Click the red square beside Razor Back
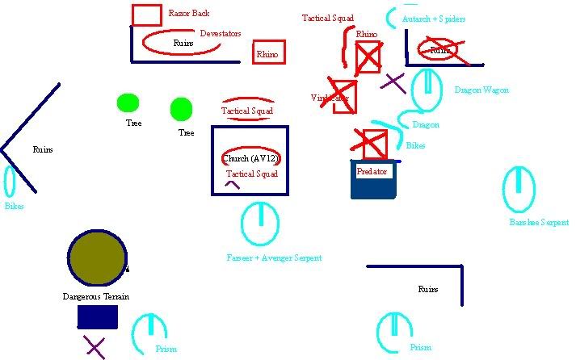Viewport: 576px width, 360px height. (x=146, y=15)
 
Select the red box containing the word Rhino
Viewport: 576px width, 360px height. (x=268, y=52)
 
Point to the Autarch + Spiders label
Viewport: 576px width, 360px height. (x=434, y=18)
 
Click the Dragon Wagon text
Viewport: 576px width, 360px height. (x=481, y=90)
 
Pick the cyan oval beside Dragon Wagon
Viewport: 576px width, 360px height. (x=427, y=90)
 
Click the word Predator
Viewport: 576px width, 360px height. (x=372, y=172)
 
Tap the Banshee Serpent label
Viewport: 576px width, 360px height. (x=539, y=222)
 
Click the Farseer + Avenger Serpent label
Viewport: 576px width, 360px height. (x=274, y=257)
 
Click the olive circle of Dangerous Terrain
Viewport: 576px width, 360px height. (x=97, y=257)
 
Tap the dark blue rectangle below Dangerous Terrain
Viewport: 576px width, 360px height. (x=98, y=316)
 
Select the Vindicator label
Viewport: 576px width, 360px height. (x=330, y=98)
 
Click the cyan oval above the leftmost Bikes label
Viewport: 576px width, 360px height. (x=11, y=182)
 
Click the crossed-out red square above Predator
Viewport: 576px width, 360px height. (x=373, y=144)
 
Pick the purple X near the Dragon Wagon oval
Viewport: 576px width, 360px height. (x=393, y=82)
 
